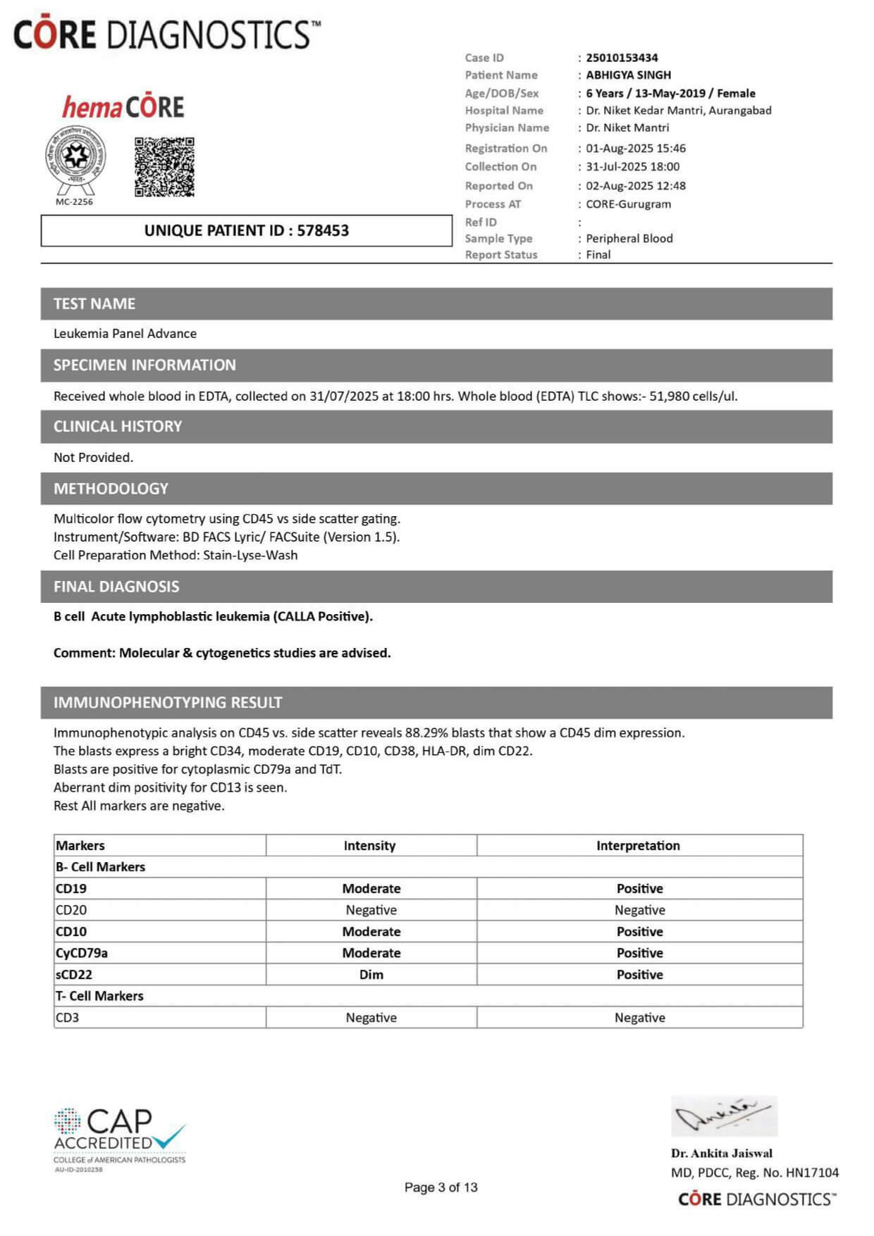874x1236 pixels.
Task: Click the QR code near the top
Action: [164, 167]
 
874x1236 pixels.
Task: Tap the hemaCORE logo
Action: [123, 107]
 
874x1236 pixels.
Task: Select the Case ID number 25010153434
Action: [622, 58]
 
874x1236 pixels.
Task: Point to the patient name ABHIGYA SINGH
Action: [628, 75]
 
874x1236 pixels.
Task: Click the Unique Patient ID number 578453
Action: [323, 230]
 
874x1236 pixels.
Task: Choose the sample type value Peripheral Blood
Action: [629, 238]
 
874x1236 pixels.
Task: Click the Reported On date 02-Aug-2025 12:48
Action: [635, 186]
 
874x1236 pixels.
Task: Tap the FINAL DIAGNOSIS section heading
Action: [116, 587]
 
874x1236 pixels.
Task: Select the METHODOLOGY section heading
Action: [111, 489]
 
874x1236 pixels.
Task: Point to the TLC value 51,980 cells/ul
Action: [693, 396]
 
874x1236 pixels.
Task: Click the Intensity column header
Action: [369, 845]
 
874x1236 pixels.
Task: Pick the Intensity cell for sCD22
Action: [371, 975]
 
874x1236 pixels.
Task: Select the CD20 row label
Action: [71, 910]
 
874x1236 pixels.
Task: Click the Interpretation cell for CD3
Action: [639, 1018]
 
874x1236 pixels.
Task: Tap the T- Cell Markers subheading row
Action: [99, 996]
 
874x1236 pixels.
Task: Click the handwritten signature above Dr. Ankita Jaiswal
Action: [723, 1116]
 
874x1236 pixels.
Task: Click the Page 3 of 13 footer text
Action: [441, 1187]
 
